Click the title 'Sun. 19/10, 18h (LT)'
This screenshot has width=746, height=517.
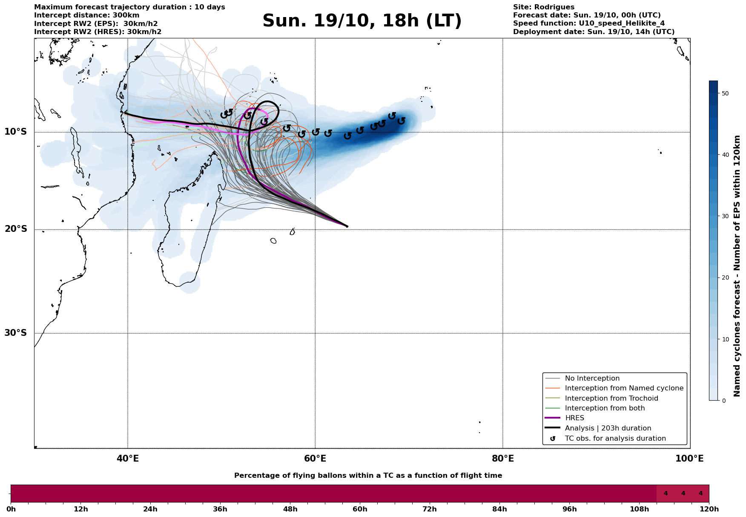362,21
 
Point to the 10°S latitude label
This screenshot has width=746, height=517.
16,132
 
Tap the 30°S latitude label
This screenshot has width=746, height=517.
16,333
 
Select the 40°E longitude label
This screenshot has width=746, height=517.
128,459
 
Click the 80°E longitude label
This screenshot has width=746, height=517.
502,459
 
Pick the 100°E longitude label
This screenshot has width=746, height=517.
689,459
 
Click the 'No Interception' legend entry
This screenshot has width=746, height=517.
592,378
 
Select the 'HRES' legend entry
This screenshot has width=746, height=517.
574,418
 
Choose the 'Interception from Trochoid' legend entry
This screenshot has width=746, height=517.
611,399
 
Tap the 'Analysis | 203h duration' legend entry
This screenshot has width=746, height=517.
608,428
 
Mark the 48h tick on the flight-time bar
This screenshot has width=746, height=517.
290,509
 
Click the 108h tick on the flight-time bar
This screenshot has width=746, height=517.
639,509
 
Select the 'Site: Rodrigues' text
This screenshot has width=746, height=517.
543,7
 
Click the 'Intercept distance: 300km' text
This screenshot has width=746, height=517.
86,15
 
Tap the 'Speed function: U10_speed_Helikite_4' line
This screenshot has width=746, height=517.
588,23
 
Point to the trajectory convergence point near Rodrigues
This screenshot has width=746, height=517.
347,226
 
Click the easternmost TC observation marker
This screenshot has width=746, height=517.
401,121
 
